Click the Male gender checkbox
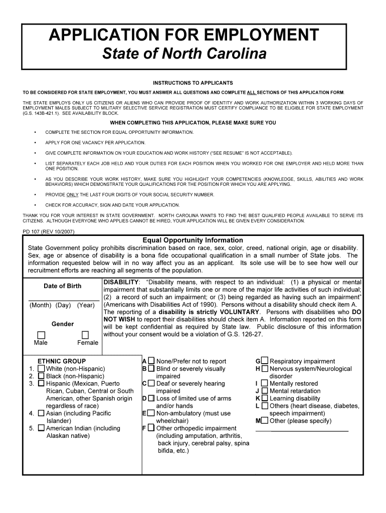(x=41, y=335)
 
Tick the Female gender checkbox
(x=85, y=335)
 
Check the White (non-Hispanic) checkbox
(x=41, y=369)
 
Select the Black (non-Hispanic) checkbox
(x=41, y=376)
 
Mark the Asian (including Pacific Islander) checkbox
(x=41, y=414)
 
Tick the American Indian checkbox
(x=41, y=428)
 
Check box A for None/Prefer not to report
(x=151, y=361)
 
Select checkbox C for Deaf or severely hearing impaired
(x=151, y=384)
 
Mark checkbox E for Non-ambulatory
(x=151, y=414)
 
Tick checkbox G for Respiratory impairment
(x=265, y=361)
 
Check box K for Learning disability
(x=265, y=399)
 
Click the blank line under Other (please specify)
(x=302, y=430)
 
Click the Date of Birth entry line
(x=63, y=300)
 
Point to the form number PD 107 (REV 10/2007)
(x=49, y=232)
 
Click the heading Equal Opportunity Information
(x=192, y=240)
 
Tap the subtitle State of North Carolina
(x=184, y=54)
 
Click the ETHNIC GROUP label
(x=62, y=361)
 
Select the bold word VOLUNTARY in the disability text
(x=234, y=312)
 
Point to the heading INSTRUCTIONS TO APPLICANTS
(x=192, y=83)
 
